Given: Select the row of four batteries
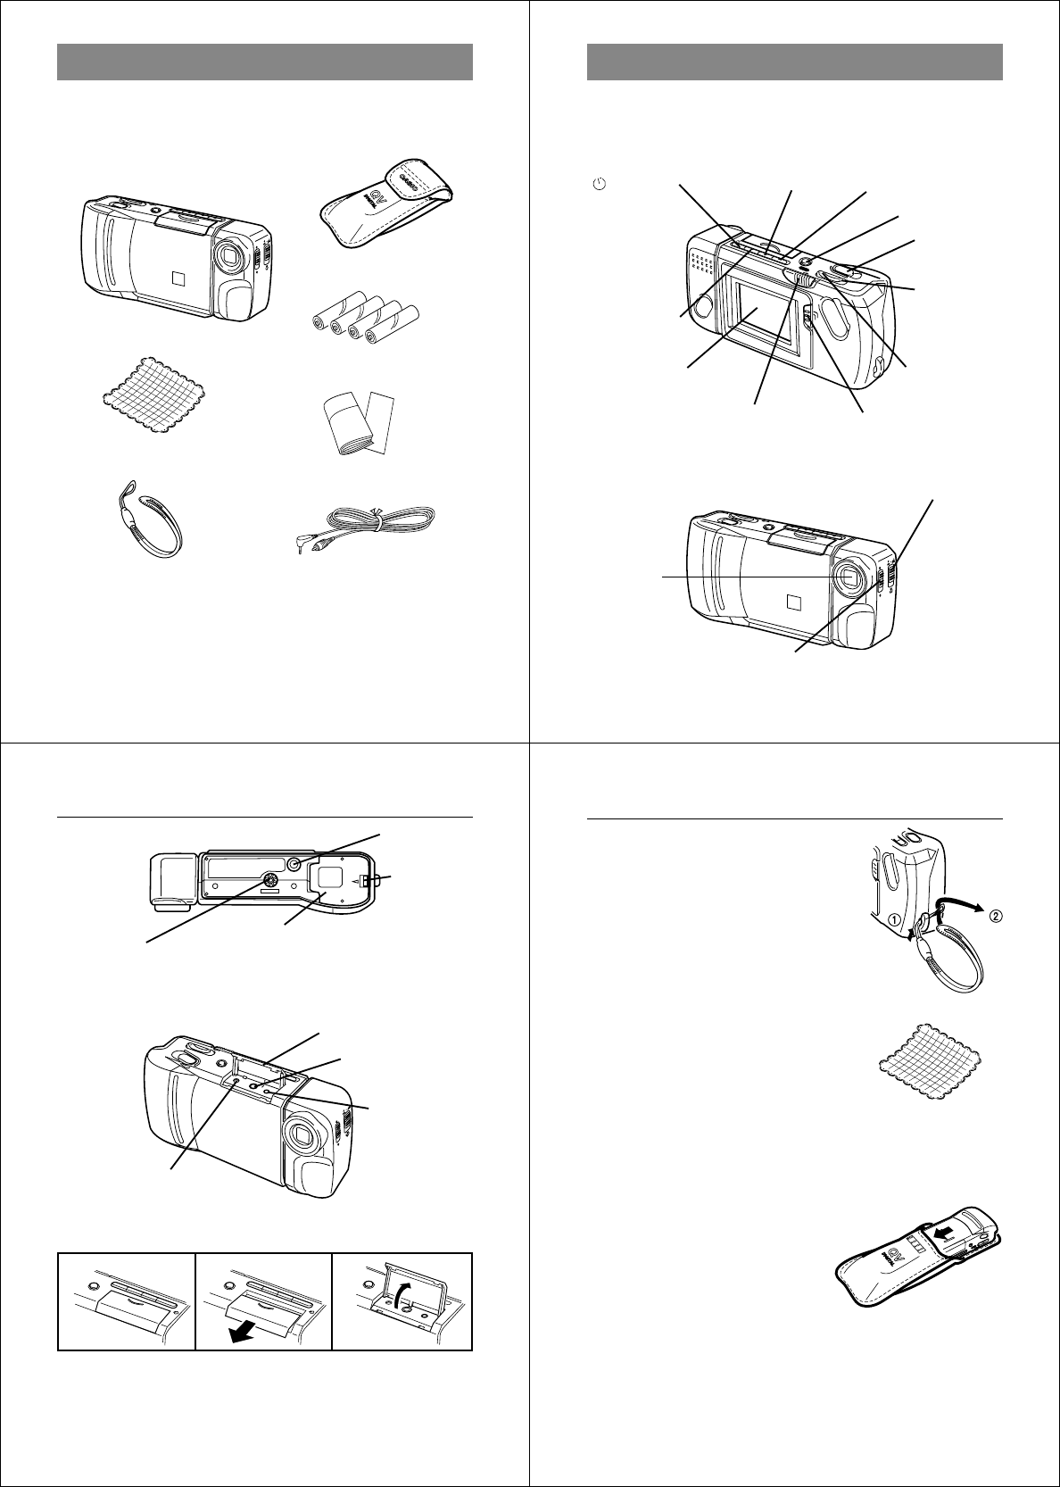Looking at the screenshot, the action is pyautogui.click(x=366, y=318).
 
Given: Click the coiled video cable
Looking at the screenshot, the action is pyautogui.click(x=370, y=528).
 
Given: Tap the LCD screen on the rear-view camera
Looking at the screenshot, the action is pyautogui.click(x=761, y=319).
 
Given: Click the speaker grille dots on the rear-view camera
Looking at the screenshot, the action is pyautogui.click(x=704, y=262).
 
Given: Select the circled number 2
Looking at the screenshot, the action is pyautogui.click(x=996, y=914).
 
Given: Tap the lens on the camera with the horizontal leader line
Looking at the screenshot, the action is pyautogui.click(x=849, y=578).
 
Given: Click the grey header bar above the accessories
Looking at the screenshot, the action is pyautogui.click(x=264, y=62).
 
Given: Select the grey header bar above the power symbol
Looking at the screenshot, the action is pyautogui.click(x=794, y=62).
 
